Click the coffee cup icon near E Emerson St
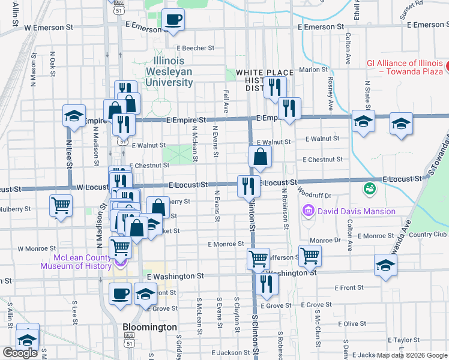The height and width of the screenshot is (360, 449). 173,20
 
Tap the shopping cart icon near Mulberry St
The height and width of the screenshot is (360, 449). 61,206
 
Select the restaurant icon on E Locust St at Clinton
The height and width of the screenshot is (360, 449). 248,186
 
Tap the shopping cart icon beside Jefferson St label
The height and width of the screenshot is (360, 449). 310,256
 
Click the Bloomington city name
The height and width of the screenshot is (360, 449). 149,328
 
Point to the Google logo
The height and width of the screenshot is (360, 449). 20,353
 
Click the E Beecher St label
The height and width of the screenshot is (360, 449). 195,48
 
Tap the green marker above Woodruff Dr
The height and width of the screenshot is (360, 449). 369,188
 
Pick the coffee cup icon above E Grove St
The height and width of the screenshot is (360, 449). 120,294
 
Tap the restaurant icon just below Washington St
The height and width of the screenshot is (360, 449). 266,284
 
